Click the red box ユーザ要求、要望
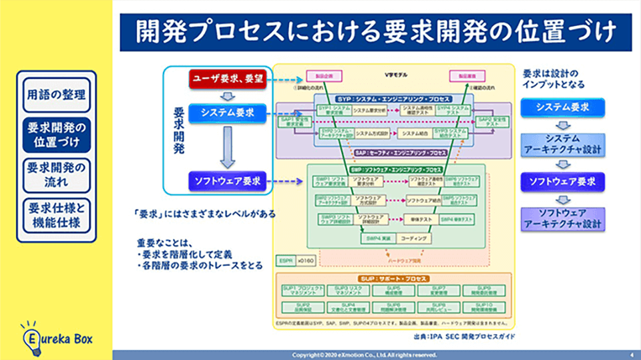[x=227, y=78]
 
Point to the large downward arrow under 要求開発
[x=227, y=146]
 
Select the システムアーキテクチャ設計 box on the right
[x=562, y=144]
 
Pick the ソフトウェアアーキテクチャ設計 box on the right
[x=562, y=218]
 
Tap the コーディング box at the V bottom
[x=415, y=238]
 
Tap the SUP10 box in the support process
[x=483, y=308]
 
